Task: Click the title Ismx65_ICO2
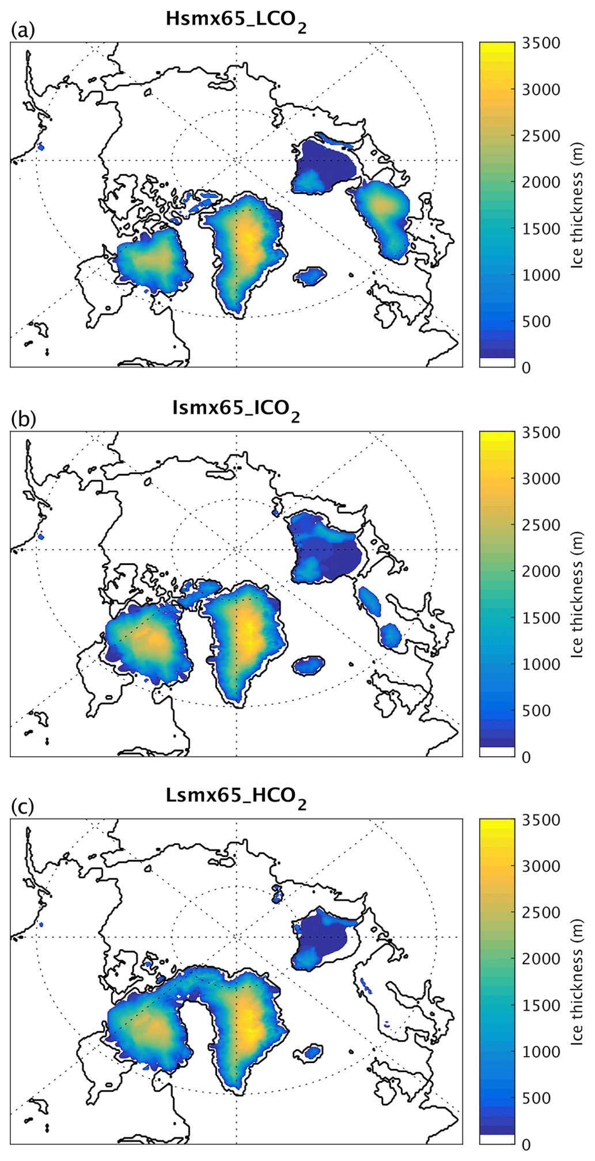pyautogui.click(x=236, y=409)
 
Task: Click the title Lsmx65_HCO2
pyautogui.click(x=236, y=797)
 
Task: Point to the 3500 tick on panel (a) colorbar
pyautogui.click(x=541, y=44)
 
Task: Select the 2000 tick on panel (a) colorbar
pyautogui.click(x=541, y=183)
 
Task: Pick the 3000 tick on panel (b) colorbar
pyautogui.click(x=541, y=479)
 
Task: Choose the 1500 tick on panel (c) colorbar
pyautogui.click(x=541, y=1006)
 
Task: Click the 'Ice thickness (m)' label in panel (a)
pyautogui.click(x=577, y=204)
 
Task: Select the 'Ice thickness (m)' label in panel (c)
pyautogui.click(x=577, y=981)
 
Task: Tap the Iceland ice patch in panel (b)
pyautogui.click(x=309, y=666)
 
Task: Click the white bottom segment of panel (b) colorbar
pyautogui.click(x=497, y=752)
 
